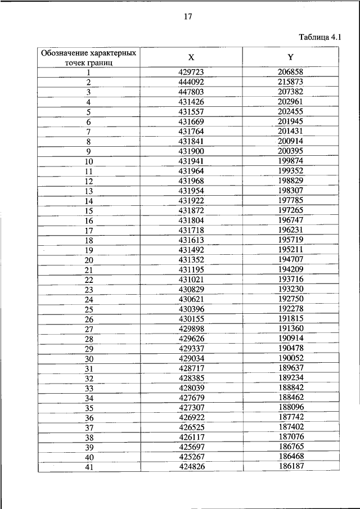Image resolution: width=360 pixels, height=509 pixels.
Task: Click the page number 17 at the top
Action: [x=188, y=17]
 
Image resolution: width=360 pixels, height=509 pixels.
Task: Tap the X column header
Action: [x=191, y=57]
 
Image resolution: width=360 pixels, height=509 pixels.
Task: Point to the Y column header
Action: [x=290, y=57]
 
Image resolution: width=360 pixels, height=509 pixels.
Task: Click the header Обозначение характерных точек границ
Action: [x=88, y=57]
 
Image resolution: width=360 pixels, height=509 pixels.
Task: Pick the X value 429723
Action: [x=191, y=72]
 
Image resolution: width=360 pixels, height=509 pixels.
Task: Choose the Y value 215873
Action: [x=290, y=82]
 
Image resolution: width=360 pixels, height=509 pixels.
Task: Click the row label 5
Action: [x=89, y=111]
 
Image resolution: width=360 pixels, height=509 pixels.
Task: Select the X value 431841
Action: [x=191, y=141]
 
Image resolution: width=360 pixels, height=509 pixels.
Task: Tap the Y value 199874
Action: [x=290, y=161]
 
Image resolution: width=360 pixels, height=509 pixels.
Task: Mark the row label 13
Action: [x=89, y=191]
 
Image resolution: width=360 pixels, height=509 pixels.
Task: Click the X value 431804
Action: [x=191, y=220]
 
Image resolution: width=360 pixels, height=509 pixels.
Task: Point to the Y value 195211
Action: [x=290, y=250]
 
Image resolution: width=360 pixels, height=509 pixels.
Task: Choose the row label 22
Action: [x=89, y=280]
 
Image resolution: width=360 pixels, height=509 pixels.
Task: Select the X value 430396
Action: [x=191, y=309]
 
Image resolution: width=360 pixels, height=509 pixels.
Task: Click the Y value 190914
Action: [x=290, y=339]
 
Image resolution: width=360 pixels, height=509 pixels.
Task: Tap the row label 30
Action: [x=89, y=359]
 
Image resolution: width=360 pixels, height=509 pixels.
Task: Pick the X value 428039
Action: [x=191, y=388]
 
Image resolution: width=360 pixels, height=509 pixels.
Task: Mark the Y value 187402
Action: [x=290, y=427]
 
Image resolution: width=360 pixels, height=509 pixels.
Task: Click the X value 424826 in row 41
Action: [x=191, y=467]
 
